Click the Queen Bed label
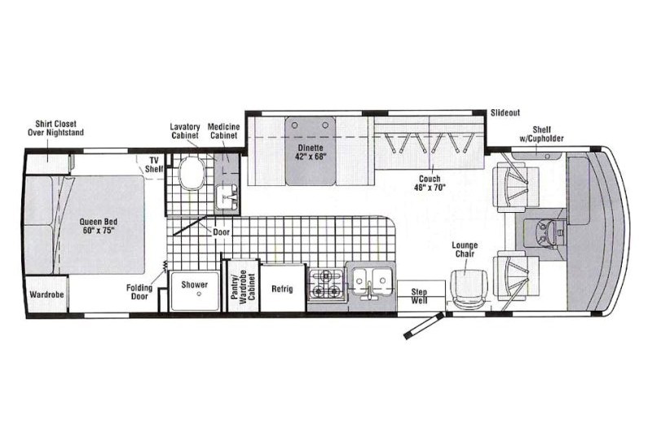coord(98,226)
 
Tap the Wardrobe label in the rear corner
coord(46,294)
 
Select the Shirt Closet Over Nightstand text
coord(55,128)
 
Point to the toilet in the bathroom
coord(192,173)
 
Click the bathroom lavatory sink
coord(227,197)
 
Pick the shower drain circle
coord(199,294)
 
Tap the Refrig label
coord(282,289)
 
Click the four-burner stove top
coord(327,284)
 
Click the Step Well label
coord(419,296)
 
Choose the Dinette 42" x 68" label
coord(311,152)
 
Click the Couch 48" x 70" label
coord(430,183)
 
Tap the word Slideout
coord(505,113)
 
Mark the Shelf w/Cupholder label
coord(542,134)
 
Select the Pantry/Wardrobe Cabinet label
coord(243,285)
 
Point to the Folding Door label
coord(139,292)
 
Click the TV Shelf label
coord(154,165)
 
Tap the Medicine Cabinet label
coord(223,131)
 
